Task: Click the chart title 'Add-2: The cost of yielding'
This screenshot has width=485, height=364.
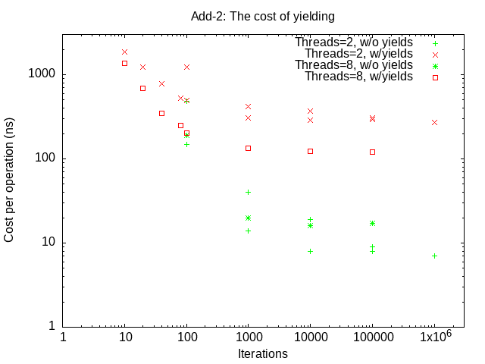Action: (263, 15)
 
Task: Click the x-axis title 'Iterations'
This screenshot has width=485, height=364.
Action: (263, 353)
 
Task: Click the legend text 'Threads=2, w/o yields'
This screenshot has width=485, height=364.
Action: (354, 42)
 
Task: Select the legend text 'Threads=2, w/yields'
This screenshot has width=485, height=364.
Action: (358, 54)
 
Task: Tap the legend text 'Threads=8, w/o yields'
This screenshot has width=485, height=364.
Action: (354, 65)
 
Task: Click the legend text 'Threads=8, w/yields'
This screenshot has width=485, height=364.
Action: (358, 77)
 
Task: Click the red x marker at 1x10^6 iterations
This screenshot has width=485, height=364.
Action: (434, 122)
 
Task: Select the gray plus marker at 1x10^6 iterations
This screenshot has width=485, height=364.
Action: (434, 256)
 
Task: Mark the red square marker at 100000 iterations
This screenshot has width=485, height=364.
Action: (372, 152)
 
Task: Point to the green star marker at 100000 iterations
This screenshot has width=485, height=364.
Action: (372, 223)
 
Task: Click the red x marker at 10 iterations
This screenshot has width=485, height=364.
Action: (124, 52)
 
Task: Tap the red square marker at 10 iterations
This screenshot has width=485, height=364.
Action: (124, 63)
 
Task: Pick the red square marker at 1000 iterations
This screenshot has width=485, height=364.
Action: (248, 148)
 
